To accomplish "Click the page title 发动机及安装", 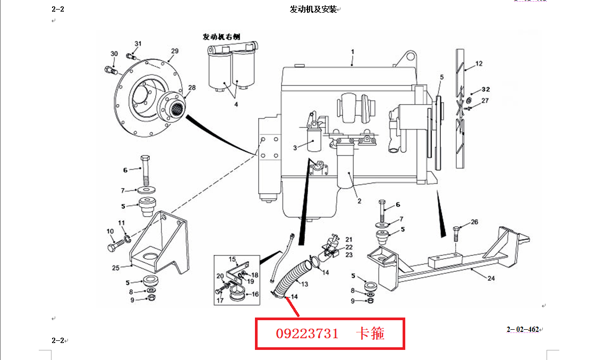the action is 313,10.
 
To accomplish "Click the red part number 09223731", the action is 307,334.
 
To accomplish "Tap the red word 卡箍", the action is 370,333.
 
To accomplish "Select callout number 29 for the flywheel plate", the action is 175,51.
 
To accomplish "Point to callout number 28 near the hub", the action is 192,88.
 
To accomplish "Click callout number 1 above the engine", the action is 353,52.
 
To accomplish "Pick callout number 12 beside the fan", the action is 479,64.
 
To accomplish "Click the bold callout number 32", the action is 486,89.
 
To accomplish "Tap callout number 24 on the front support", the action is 491,279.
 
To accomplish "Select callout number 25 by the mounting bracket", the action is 116,268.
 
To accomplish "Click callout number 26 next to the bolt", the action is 474,222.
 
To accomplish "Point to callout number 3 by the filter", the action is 295,148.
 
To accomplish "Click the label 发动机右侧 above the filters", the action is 221,37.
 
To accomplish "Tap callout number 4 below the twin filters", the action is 236,104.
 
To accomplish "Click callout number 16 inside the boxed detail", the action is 255,294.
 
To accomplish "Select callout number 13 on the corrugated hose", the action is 304,284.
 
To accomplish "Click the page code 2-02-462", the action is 523,330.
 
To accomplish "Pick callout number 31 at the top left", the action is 138,44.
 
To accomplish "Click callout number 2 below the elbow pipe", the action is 359,201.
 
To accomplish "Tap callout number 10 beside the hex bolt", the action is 110,232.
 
